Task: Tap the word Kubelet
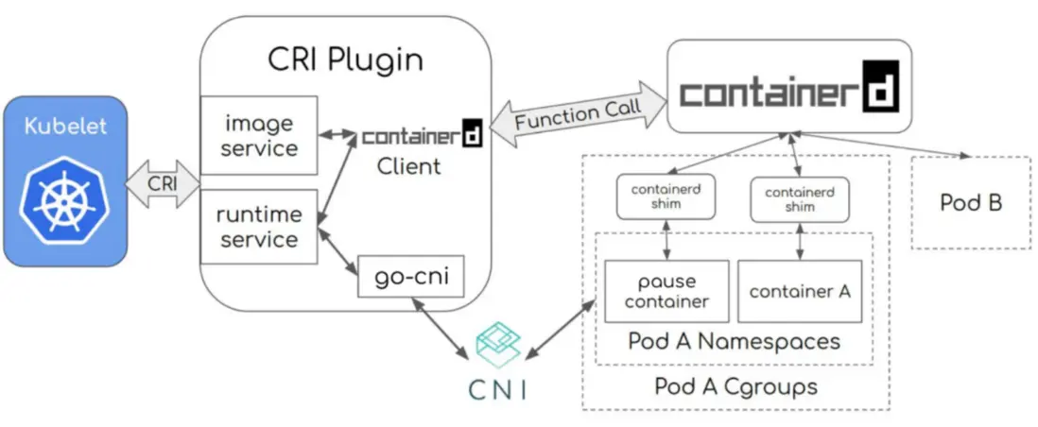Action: (x=64, y=126)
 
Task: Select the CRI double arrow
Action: (x=163, y=182)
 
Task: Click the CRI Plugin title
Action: (x=345, y=60)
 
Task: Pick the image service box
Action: (x=258, y=135)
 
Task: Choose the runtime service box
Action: (x=258, y=227)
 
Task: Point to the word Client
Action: (x=408, y=166)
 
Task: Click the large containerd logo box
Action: (x=789, y=87)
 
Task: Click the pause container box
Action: (x=666, y=291)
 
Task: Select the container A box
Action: (x=800, y=291)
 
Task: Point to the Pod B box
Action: (x=971, y=202)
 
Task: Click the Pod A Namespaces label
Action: (x=734, y=341)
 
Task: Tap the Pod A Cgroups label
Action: (x=735, y=386)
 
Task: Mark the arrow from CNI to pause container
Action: (x=560, y=330)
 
